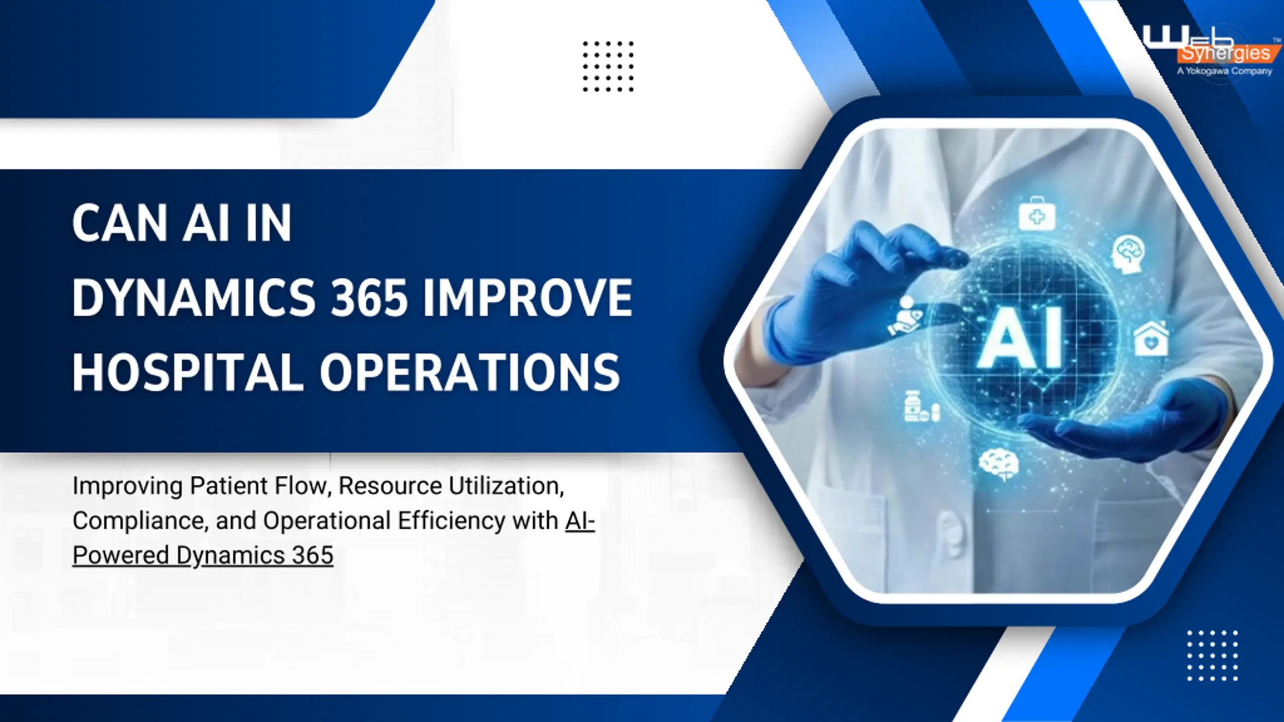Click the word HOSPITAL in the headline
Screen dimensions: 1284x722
click(188, 373)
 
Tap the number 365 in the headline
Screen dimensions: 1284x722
click(369, 298)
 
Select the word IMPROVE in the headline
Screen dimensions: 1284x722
click(528, 298)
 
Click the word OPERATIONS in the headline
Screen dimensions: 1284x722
click(470, 373)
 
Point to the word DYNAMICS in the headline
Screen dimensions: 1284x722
click(194, 298)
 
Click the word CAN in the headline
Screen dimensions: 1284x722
click(119, 223)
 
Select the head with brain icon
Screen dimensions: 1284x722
click(1129, 255)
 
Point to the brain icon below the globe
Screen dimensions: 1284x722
click(998, 464)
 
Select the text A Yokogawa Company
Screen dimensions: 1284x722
click(1225, 71)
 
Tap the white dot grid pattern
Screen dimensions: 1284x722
click(1212, 655)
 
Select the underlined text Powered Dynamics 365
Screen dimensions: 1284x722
click(203, 556)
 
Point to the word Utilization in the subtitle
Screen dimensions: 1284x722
click(506, 486)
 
